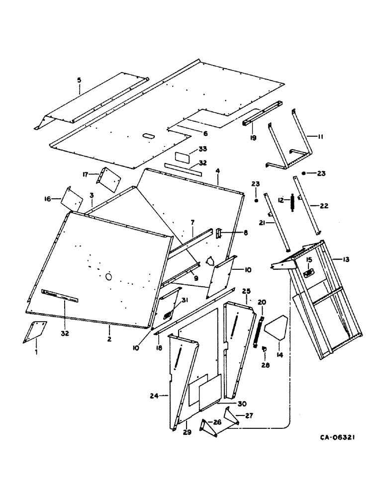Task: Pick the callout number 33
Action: [x=189, y=149]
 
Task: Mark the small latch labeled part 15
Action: [x=308, y=274]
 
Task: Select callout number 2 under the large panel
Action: [x=109, y=339]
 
